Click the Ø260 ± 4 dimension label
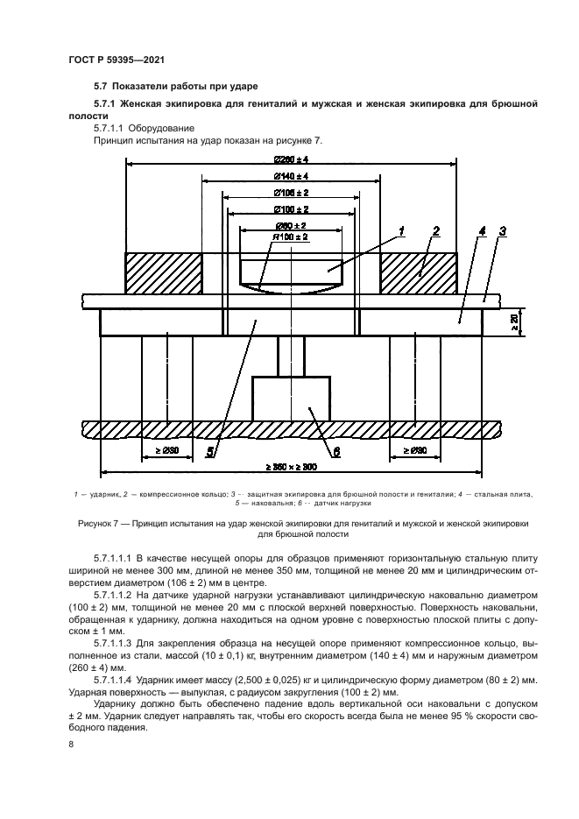291,159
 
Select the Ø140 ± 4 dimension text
291,176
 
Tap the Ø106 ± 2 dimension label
291,193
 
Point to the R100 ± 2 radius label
291,237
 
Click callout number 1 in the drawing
402,231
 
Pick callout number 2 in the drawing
435,231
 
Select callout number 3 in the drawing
503,231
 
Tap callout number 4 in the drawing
483,231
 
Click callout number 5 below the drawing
210,452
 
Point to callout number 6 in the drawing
336,452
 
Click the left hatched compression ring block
163,273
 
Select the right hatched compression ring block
418,273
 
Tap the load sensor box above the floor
291,399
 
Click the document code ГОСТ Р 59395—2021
116,59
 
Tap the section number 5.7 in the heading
100,86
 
